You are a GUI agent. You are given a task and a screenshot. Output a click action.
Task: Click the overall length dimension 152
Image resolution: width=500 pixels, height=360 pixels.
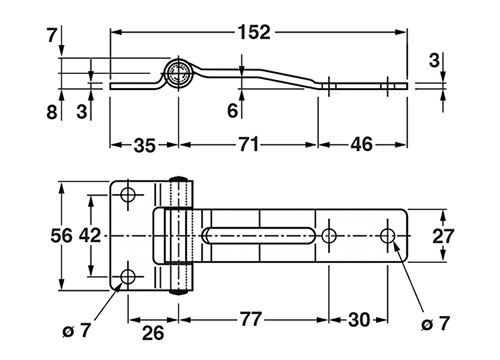tap(254, 32)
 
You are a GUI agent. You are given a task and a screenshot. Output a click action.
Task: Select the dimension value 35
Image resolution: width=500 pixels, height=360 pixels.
tap(145, 146)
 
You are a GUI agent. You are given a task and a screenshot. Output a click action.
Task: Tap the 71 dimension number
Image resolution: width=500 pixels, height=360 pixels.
tap(249, 145)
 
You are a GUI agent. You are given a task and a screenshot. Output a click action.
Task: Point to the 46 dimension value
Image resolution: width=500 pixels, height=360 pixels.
tap(362, 145)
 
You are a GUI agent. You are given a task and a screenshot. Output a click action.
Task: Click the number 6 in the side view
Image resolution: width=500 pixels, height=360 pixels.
tap(233, 110)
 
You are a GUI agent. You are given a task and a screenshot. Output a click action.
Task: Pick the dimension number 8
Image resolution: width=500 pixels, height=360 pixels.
tap(52, 112)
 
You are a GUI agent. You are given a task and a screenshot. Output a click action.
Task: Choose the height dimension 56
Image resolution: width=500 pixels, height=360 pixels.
tap(61, 235)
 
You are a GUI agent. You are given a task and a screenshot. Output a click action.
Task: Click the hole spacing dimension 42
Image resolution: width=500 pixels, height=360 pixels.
tap(90, 235)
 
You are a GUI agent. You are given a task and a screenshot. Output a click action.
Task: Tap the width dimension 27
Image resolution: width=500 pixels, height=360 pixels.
tap(443, 236)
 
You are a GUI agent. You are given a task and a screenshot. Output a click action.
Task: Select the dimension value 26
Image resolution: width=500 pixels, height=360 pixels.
tap(153, 333)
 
